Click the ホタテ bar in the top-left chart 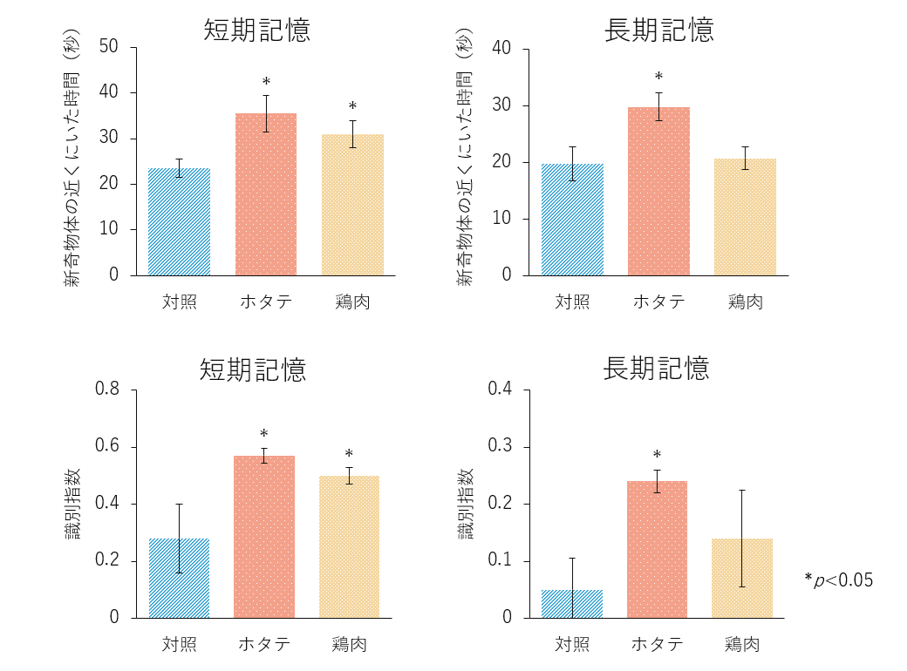click(266, 194)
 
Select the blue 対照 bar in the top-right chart click(572, 220)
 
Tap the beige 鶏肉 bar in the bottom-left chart click(349, 546)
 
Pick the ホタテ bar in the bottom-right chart click(657, 549)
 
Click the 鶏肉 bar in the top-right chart click(745, 217)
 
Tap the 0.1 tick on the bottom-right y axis click(501, 560)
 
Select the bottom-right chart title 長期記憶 click(656, 369)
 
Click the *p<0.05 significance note click(838, 579)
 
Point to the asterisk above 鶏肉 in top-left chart click(352, 106)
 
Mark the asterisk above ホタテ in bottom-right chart click(657, 455)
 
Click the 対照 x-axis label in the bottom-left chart click(179, 644)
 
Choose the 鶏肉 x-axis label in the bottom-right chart click(742, 644)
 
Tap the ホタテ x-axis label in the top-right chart click(658, 302)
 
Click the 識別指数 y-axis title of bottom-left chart click(74, 504)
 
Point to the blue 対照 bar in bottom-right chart click(572, 604)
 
